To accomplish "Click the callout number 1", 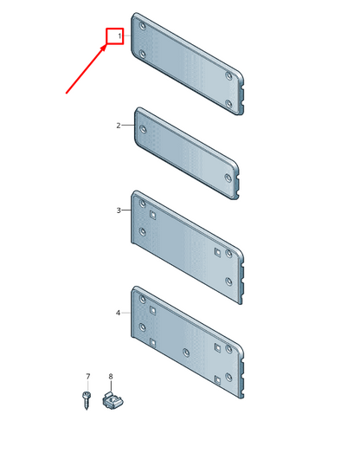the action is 119,36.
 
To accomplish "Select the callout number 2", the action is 119,126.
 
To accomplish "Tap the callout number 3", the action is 119,210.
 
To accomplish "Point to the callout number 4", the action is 118,313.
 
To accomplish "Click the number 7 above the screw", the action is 88,377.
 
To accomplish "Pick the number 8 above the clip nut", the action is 111,377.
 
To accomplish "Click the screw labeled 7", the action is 87,400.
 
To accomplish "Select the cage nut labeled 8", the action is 113,401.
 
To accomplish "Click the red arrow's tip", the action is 106,45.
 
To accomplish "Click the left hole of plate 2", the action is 143,129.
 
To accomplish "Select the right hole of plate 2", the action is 228,178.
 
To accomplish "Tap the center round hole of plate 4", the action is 186,353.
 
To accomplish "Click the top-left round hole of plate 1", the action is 143,26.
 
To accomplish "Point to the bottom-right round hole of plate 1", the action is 228,103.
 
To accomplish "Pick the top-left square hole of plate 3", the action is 152,215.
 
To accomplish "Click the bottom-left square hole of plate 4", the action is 152,343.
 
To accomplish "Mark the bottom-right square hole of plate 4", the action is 218,380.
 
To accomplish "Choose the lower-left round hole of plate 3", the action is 142,232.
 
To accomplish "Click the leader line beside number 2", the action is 128,126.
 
